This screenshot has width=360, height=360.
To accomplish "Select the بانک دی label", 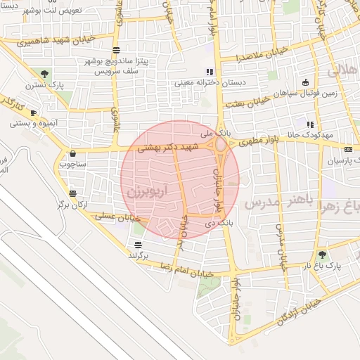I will click(x=218, y=222).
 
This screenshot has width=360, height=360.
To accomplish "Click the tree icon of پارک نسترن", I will click(x=45, y=73).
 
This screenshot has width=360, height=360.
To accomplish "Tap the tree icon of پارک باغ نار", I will click(x=322, y=255).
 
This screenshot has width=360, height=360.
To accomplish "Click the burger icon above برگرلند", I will click(x=139, y=245).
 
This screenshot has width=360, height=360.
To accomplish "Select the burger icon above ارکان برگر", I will click(x=73, y=193).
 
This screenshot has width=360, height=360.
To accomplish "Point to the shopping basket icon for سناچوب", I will click(x=72, y=153).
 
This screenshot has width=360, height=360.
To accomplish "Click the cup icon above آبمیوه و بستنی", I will click(x=34, y=112).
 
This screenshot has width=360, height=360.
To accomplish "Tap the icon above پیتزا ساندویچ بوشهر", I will click(x=115, y=49).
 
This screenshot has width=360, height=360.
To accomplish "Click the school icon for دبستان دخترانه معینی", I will click(x=209, y=72).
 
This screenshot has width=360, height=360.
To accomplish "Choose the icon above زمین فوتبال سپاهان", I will click(x=304, y=83).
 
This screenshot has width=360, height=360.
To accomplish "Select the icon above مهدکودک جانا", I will click(x=309, y=124).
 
